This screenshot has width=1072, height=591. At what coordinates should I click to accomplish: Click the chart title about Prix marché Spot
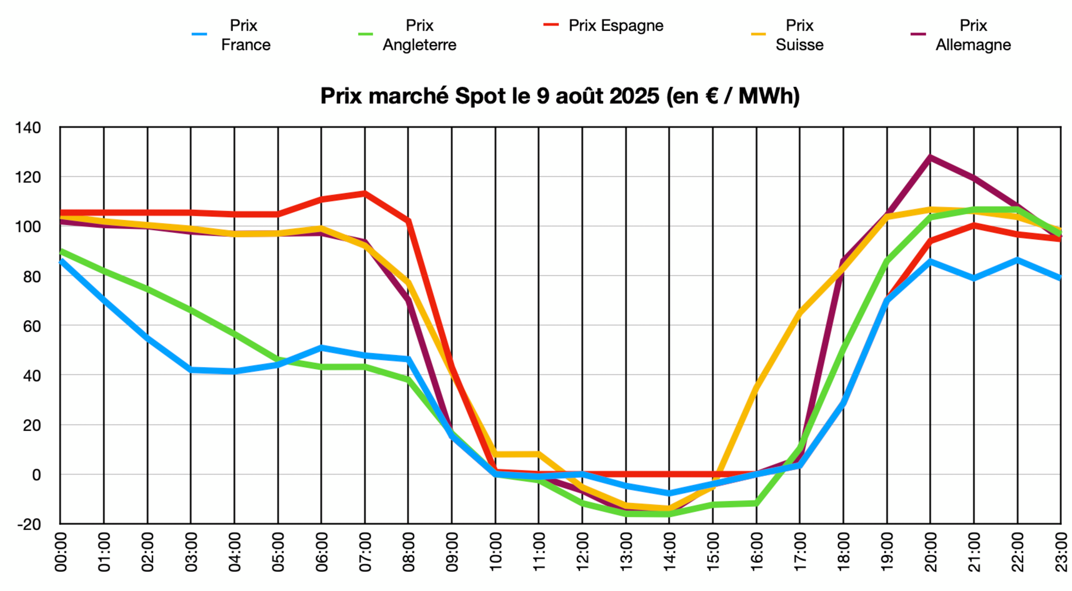point(560,96)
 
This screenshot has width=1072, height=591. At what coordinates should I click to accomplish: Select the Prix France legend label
point(245,35)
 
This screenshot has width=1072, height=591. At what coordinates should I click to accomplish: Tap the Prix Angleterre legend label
point(419,35)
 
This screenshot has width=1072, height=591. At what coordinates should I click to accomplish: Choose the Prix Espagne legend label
point(615,25)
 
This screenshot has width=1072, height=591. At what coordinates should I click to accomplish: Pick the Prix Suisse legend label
point(799,35)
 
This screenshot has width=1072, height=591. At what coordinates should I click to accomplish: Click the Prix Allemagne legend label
point(973,35)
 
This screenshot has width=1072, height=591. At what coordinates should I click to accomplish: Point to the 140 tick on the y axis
point(28,128)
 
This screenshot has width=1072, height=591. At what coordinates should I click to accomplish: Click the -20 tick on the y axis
point(29,525)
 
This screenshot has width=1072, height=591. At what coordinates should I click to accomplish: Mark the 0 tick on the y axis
point(37,475)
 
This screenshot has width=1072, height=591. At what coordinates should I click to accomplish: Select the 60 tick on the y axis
point(32,326)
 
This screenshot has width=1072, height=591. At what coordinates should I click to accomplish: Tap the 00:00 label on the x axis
point(61,552)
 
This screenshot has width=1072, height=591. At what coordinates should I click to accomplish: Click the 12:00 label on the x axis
point(583,552)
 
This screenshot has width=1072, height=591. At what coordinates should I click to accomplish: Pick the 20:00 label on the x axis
point(931,552)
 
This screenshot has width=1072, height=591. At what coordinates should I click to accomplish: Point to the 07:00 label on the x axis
point(365,552)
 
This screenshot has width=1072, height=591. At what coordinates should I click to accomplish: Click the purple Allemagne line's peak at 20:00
point(930,157)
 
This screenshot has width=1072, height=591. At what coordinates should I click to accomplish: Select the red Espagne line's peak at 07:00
point(364,193)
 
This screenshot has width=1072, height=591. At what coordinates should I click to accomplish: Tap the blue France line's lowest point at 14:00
point(670,493)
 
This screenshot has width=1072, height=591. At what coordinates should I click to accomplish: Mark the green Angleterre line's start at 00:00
point(61,251)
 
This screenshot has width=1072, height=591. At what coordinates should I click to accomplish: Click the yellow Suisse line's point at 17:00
point(800,312)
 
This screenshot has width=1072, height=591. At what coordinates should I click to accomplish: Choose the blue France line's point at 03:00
point(191,370)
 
